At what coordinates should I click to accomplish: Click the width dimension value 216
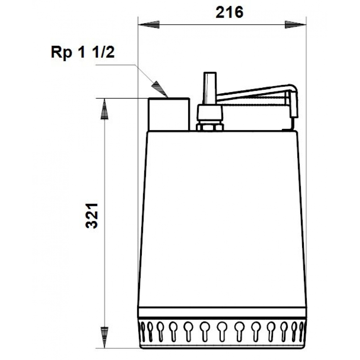click(229, 13)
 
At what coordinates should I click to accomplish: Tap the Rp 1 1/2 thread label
click(82, 53)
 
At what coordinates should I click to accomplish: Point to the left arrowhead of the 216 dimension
click(149, 25)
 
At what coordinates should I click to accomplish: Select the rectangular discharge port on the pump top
click(169, 114)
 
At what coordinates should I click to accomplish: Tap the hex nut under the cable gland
click(210, 126)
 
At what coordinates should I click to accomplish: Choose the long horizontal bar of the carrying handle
click(252, 93)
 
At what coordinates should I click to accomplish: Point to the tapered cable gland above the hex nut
click(210, 113)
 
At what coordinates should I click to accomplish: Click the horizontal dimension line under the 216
click(222, 25)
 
